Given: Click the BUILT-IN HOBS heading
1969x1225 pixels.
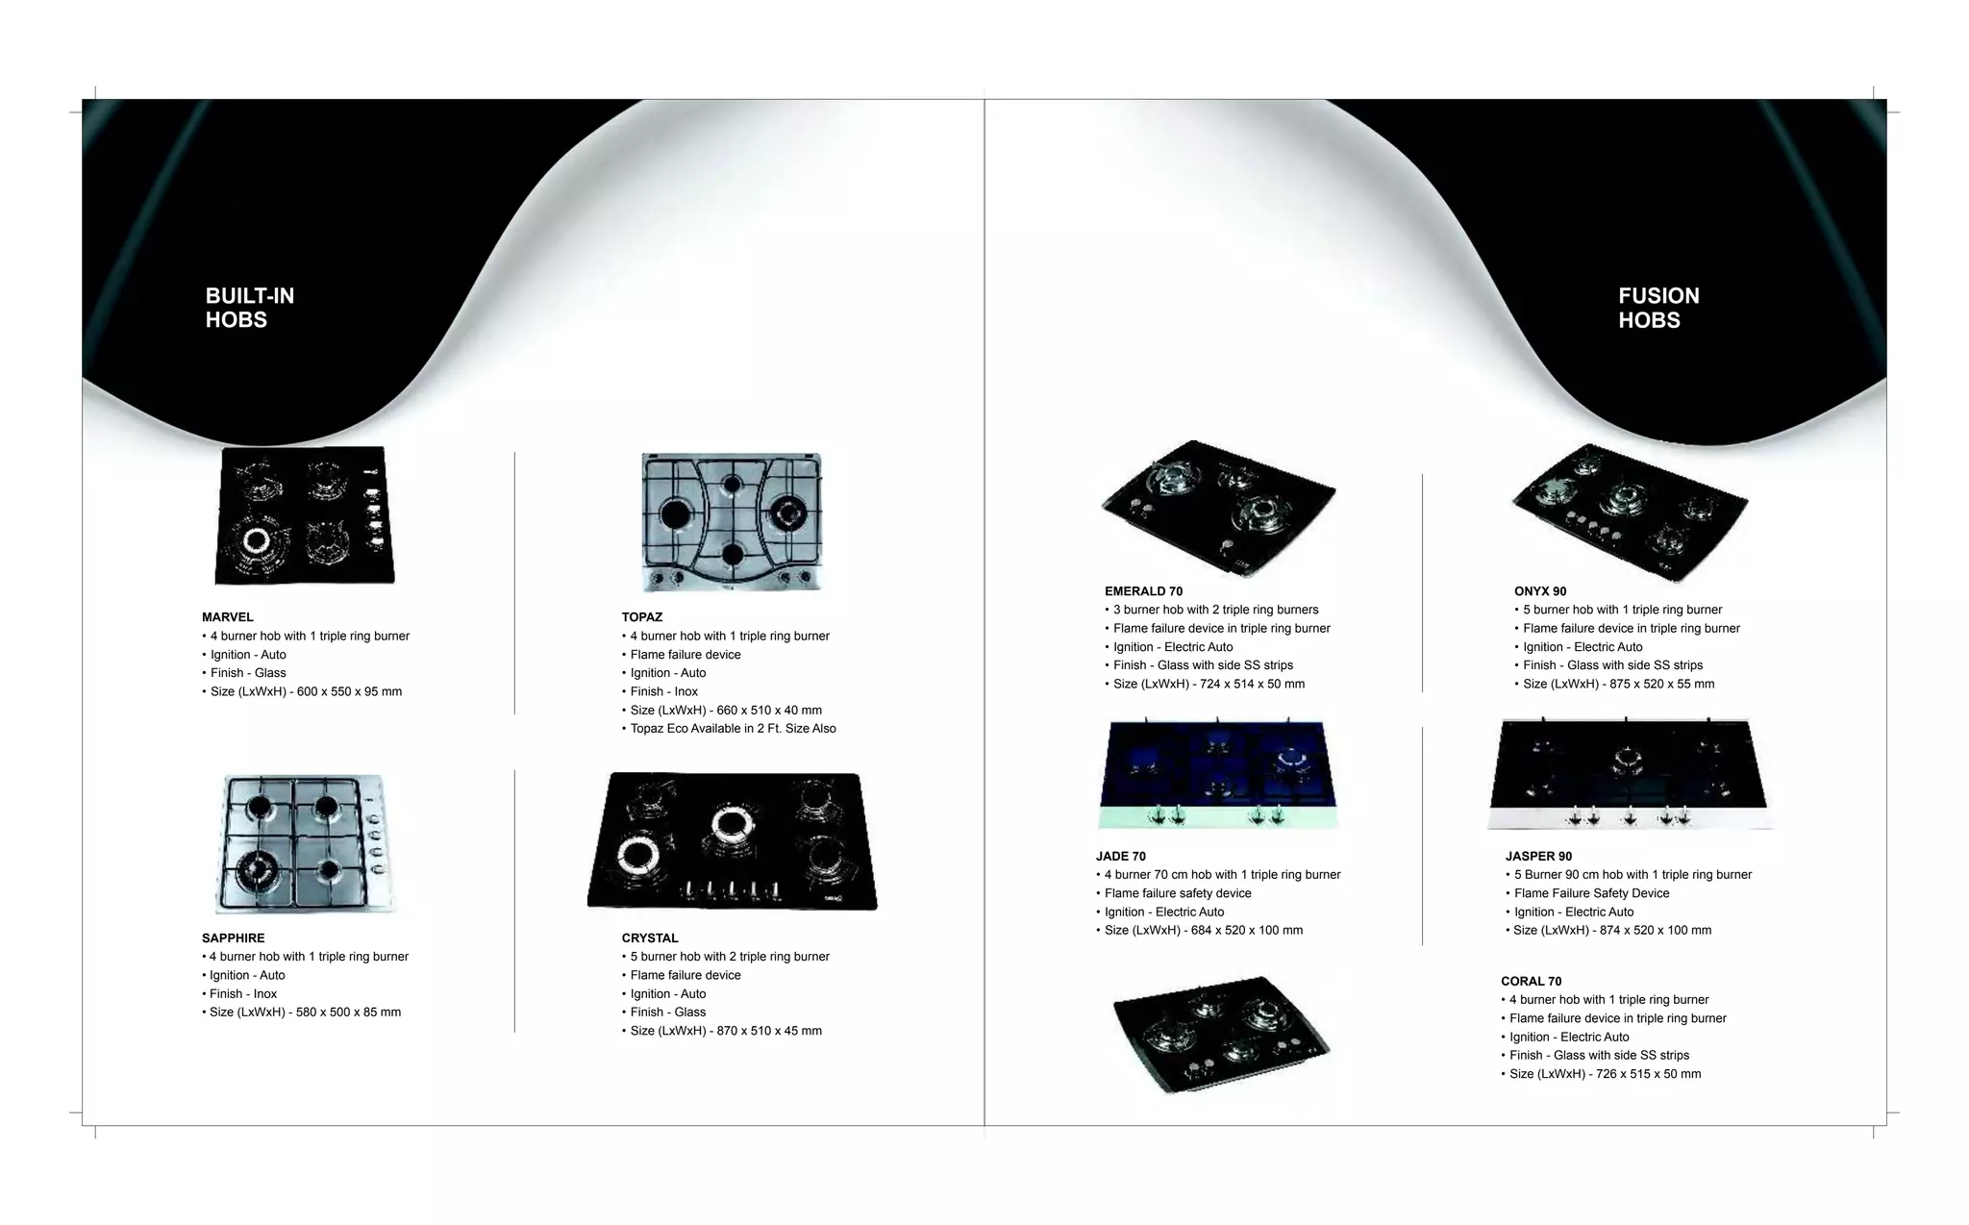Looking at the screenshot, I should pyautogui.click(x=250, y=308).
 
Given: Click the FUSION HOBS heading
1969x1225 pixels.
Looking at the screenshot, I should pyautogui.click(x=1658, y=308).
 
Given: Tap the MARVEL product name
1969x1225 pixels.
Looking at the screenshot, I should pyautogui.click(x=228, y=617).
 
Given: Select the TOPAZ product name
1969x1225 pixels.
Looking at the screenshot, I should pyautogui.click(x=642, y=617).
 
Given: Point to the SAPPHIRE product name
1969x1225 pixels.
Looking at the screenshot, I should pyautogui.click(x=234, y=938).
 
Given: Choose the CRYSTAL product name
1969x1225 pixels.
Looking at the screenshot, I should pyautogui.click(x=650, y=938).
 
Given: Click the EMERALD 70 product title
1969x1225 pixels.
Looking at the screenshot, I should pyautogui.click(x=1144, y=591).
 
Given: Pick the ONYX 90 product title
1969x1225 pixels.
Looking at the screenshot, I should pyautogui.click(x=1540, y=591).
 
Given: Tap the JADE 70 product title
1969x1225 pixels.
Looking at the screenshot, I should pyautogui.click(x=1121, y=857).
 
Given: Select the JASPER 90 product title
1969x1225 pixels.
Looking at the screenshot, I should pyautogui.click(x=1538, y=857).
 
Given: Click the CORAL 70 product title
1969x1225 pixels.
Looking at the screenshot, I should pyautogui.click(x=1532, y=982).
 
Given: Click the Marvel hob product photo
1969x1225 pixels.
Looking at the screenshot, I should pyautogui.click(x=305, y=515).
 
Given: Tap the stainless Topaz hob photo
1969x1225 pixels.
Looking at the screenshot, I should pyautogui.click(x=733, y=522).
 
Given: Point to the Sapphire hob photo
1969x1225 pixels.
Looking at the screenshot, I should pyautogui.click(x=304, y=843).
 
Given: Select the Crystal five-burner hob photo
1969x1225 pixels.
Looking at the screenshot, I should pyautogui.click(x=733, y=841).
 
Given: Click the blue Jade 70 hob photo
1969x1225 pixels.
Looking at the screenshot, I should pyautogui.click(x=1218, y=774).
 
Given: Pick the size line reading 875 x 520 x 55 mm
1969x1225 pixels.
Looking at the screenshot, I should pyautogui.click(x=1618, y=685).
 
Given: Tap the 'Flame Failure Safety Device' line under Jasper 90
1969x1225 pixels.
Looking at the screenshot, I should pyautogui.click(x=1591, y=893).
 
